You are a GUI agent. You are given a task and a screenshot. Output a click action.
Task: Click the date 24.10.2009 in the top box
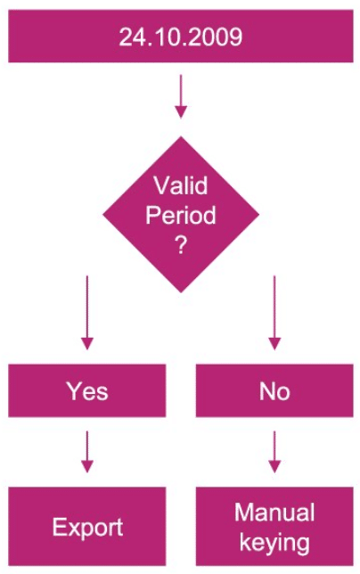(180, 37)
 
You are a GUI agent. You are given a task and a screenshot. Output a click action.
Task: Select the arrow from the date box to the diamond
(181, 96)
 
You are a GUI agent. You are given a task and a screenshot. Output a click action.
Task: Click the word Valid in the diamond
(181, 185)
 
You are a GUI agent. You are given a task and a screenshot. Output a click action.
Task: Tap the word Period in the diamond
(181, 215)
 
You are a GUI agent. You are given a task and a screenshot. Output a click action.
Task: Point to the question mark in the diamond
(181, 244)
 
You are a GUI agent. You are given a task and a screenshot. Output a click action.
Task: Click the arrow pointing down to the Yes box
(87, 313)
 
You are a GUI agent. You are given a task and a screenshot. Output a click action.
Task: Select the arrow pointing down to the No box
(274, 313)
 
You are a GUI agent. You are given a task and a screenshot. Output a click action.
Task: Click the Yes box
(87, 390)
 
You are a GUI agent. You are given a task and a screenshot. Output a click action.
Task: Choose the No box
(274, 390)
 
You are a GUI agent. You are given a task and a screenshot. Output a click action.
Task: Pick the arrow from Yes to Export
(87, 452)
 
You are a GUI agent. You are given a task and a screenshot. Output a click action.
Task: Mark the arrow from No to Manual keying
(274, 452)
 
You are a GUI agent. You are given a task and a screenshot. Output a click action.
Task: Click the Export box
(87, 527)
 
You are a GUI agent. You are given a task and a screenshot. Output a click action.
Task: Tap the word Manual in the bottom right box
(274, 512)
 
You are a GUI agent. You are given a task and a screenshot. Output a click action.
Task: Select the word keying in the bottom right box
(274, 542)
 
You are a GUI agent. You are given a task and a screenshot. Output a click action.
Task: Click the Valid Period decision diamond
(181, 215)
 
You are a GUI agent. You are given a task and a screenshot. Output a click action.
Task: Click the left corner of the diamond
(102, 215)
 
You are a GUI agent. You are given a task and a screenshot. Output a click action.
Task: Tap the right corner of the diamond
(259, 215)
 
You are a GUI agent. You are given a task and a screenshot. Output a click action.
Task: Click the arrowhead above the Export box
(87, 466)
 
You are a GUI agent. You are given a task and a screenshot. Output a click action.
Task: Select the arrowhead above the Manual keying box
(274, 466)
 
